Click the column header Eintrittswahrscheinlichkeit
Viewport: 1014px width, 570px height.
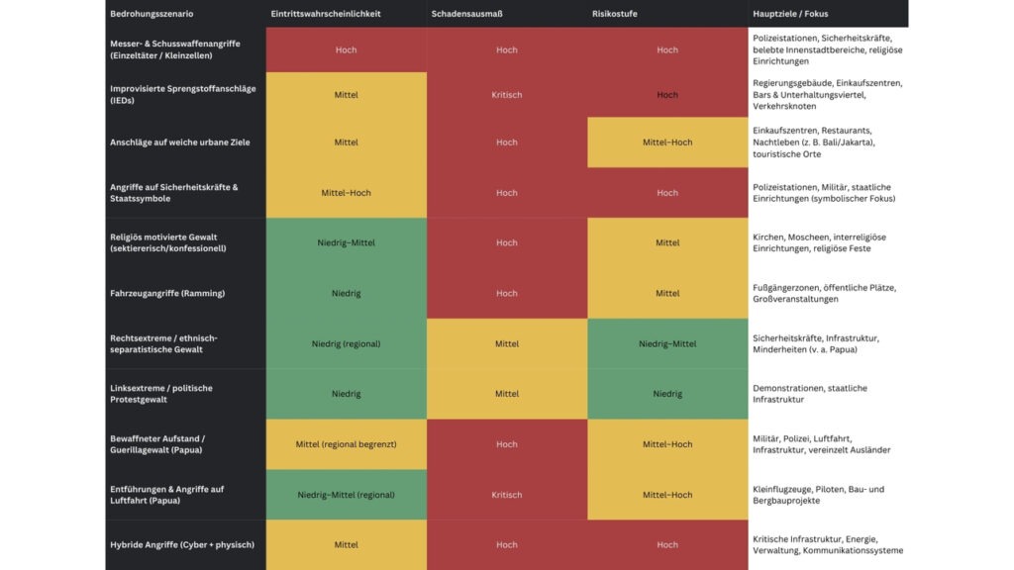click(x=326, y=14)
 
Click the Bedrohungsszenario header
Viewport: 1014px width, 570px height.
click(x=152, y=14)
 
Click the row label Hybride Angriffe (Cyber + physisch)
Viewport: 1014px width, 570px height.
click(x=181, y=544)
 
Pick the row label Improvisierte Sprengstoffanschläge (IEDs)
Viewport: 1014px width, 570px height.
click(x=182, y=95)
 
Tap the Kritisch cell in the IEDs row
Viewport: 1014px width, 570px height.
click(x=506, y=95)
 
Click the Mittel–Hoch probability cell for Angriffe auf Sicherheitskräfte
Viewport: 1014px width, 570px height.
click(x=346, y=193)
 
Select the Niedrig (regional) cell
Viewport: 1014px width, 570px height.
click(x=346, y=344)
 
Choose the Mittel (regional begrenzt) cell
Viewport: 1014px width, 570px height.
click(x=346, y=444)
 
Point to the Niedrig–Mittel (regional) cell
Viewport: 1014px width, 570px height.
click(x=346, y=495)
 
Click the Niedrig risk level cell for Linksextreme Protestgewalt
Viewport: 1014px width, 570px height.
click(x=667, y=394)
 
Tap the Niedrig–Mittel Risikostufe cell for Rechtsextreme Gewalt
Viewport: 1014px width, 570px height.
click(x=667, y=344)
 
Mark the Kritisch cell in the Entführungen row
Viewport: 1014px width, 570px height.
click(x=506, y=495)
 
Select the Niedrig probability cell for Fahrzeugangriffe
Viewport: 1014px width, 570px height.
click(x=346, y=293)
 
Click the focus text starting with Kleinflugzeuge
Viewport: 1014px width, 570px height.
click(x=818, y=495)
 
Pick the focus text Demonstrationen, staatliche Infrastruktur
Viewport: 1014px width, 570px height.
click(x=809, y=394)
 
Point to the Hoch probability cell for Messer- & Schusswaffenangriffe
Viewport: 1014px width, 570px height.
click(x=346, y=49)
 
